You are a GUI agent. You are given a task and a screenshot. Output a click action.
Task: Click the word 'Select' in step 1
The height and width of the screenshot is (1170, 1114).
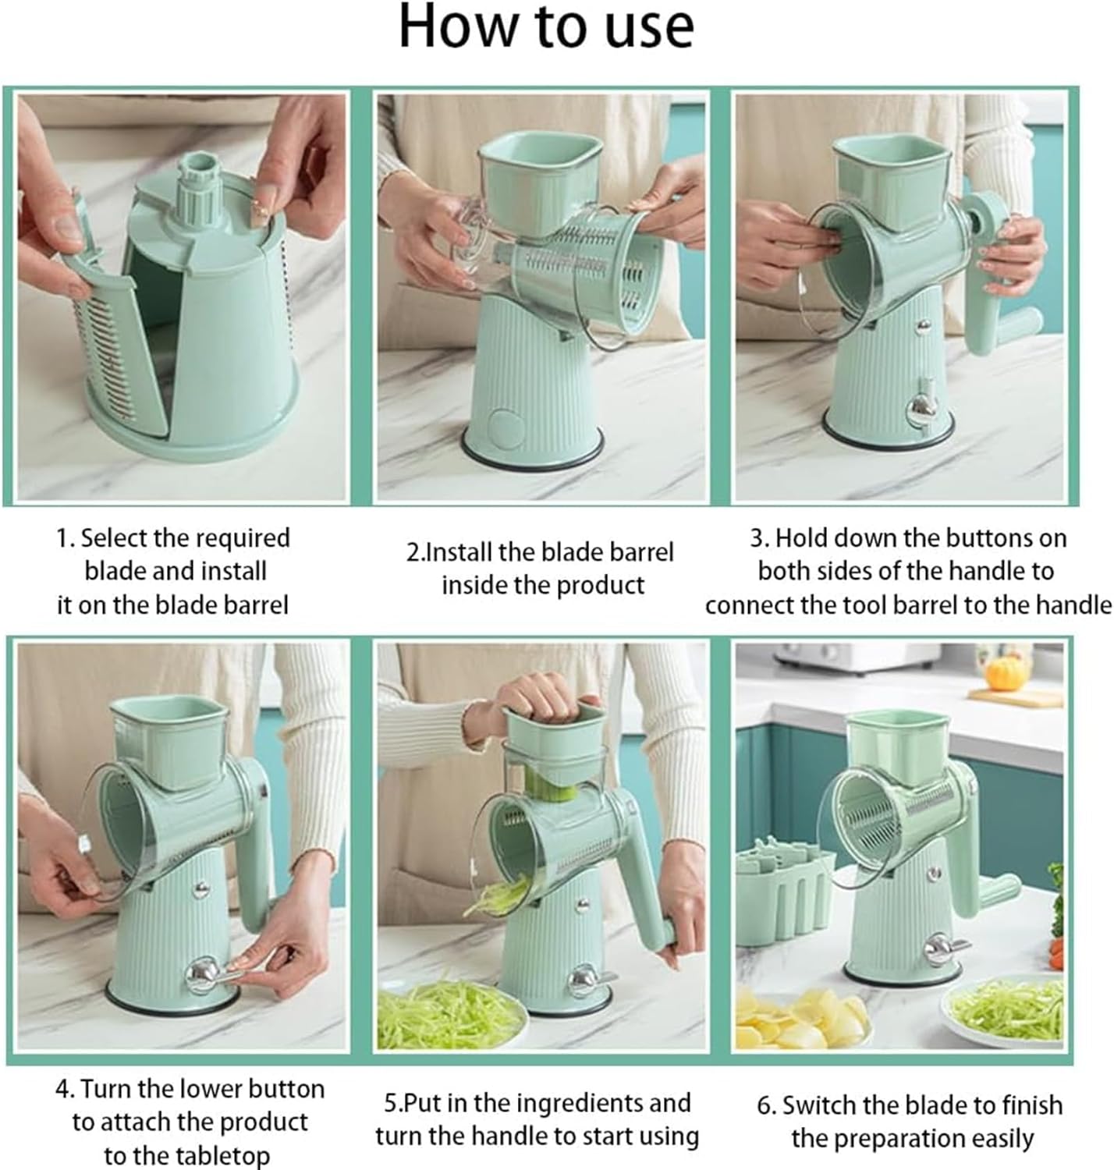tap(114, 538)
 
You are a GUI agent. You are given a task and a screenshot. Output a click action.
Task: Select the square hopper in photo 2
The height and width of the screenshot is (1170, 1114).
tap(539, 179)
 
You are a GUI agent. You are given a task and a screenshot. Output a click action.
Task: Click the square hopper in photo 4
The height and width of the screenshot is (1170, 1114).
tap(169, 741)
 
